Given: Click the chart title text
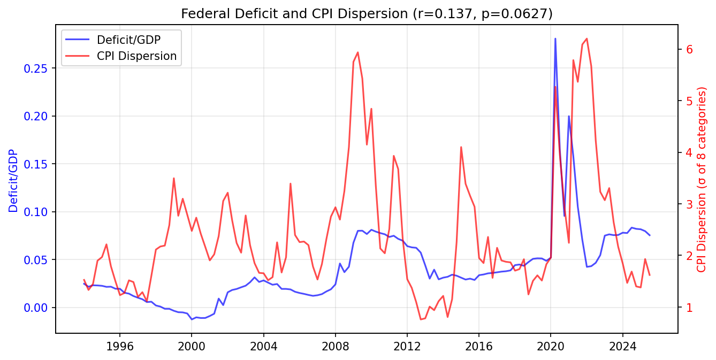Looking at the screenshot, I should (367, 13).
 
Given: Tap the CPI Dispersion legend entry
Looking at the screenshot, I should (136, 56).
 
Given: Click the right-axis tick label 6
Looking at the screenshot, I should (690, 49).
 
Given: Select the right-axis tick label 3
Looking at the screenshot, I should (690, 204).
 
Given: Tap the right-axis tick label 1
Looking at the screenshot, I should (690, 308).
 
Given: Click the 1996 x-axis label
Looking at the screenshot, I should (119, 346).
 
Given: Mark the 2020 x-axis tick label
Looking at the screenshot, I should (551, 346).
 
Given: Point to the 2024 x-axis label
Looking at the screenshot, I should (623, 346).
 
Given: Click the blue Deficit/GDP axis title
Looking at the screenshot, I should (13, 181).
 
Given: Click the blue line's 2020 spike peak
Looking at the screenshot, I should (555, 39).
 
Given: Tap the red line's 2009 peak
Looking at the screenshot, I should (357, 52).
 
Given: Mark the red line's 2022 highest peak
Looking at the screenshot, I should (586, 39).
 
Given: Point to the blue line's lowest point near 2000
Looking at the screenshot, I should (192, 319).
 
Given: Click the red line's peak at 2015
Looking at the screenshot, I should (461, 147).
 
